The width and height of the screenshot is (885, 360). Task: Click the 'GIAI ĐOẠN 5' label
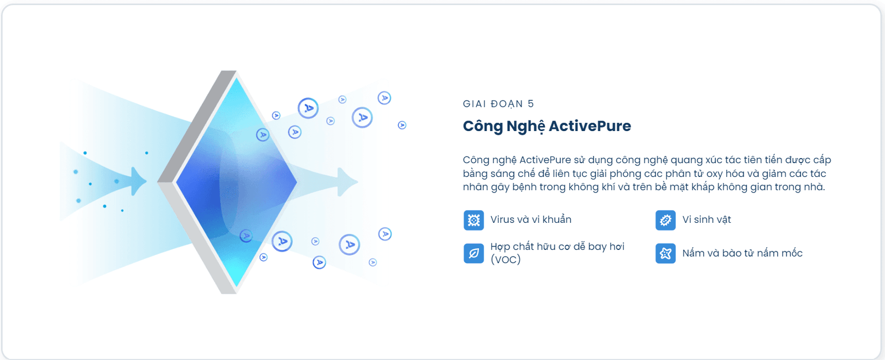coord(498,104)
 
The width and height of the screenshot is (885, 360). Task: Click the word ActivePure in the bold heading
coord(590,126)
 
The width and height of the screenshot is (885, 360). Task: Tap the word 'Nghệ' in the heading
coord(525,127)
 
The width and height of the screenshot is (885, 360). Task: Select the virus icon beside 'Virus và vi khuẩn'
coord(473,220)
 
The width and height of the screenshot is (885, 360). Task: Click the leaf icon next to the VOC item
coord(473,253)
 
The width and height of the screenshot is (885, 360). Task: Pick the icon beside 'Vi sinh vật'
coord(665,220)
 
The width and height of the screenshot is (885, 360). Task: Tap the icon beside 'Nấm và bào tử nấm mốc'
coord(665,253)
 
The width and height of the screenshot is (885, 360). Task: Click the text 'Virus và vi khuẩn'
coord(530,220)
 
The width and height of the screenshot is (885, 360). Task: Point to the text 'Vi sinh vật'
coord(706,220)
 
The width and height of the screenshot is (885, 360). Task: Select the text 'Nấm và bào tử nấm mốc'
coord(742,253)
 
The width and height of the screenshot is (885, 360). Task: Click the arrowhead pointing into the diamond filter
coord(139,181)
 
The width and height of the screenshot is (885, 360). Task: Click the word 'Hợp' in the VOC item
coord(501,247)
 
